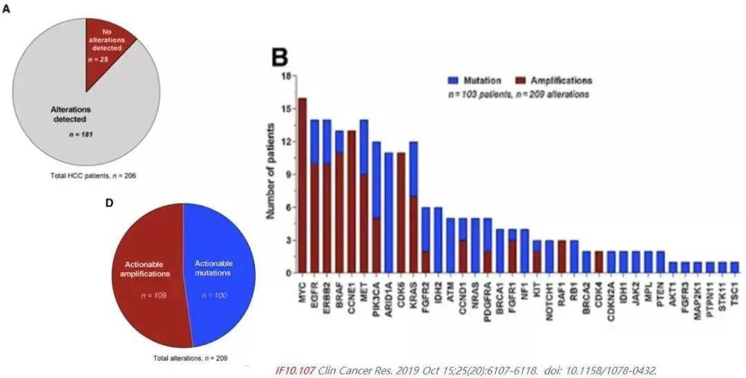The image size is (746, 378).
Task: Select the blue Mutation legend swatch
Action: (x=454, y=80)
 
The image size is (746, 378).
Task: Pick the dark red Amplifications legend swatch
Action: (x=524, y=80)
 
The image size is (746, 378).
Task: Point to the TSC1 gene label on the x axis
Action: (x=734, y=291)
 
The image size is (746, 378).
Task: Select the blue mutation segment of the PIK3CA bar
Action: (x=377, y=180)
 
